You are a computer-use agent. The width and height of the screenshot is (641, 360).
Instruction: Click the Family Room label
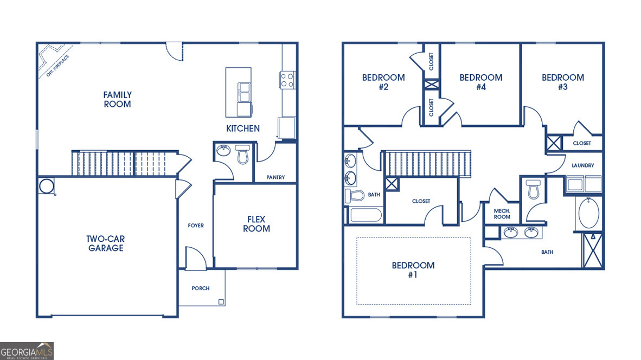click(x=117, y=99)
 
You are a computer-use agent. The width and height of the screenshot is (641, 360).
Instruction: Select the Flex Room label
click(x=256, y=224)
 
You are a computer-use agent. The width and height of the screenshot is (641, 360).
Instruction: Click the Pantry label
click(x=275, y=177)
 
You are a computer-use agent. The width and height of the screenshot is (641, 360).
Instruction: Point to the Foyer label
click(x=196, y=226)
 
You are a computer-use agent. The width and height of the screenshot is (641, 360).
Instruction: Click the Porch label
click(x=200, y=288)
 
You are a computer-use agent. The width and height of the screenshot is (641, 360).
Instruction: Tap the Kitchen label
click(x=242, y=128)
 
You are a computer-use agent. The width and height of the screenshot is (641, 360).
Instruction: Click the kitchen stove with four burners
click(x=287, y=80)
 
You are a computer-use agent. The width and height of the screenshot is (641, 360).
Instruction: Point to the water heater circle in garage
click(x=47, y=185)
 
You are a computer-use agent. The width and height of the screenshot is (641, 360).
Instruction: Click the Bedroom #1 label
click(x=413, y=270)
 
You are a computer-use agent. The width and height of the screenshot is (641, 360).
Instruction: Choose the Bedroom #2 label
click(x=383, y=82)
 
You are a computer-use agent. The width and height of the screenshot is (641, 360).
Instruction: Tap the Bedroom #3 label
click(x=563, y=82)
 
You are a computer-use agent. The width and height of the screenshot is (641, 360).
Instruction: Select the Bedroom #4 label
click(x=480, y=82)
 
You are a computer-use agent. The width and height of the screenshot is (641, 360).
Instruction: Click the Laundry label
click(x=583, y=165)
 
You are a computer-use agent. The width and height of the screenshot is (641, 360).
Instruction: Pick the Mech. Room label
click(x=502, y=214)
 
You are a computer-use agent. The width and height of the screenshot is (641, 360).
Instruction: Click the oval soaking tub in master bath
click(x=588, y=214)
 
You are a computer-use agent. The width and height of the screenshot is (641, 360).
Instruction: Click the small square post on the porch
click(x=221, y=301)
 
